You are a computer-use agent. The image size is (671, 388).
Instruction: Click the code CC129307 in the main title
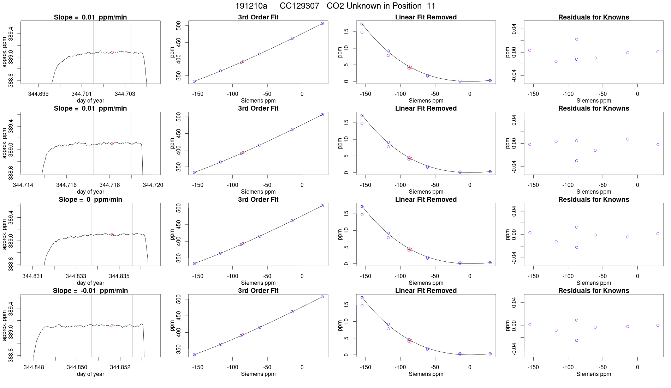[299, 6]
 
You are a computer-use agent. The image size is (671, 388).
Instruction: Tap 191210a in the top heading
[251, 6]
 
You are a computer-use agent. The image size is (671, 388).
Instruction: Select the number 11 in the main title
[431, 6]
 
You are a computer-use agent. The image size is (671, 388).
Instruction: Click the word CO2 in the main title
[335, 6]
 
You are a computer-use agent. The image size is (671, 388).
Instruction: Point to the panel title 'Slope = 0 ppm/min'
[90, 200]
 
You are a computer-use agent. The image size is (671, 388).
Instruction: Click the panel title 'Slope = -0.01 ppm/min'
[90, 291]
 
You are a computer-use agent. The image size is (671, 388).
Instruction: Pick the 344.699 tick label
[38, 94]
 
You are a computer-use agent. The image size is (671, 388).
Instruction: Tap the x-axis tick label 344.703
[125, 94]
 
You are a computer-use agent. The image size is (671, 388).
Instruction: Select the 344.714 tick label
[23, 185]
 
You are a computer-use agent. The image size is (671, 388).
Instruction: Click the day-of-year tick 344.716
[66, 185]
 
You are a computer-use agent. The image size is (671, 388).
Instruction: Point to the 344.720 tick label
[153, 185]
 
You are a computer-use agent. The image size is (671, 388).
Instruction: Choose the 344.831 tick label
[32, 276]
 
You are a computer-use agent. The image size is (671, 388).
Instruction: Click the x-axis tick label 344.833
[76, 276]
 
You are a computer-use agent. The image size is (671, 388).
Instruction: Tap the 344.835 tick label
[119, 276]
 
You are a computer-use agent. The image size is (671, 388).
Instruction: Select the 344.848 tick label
[34, 367]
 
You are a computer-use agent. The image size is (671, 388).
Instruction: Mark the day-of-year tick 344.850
[77, 367]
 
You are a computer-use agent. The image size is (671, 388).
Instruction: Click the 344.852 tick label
[120, 367]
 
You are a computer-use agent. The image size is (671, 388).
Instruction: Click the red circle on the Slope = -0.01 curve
[112, 326]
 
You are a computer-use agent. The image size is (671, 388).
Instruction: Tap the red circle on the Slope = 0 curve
[112, 235]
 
